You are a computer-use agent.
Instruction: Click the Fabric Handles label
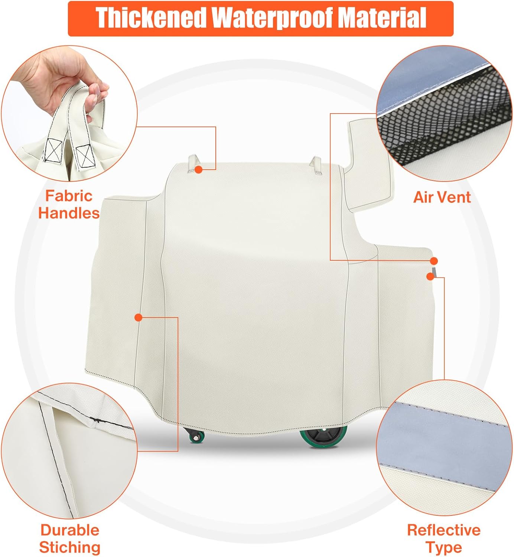pyautogui.click(x=69, y=205)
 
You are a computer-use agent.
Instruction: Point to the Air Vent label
pyautogui.click(x=442, y=197)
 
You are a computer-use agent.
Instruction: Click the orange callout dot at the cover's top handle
pyautogui.click(x=199, y=169)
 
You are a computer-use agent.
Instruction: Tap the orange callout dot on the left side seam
pyautogui.click(x=138, y=317)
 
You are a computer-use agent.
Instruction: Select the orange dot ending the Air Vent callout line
pyautogui.click(x=434, y=261)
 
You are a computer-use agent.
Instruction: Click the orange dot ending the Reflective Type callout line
pyautogui.click(x=430, y=277)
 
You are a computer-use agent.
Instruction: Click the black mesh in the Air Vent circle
pyautogui.click(x=446, y=118)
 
